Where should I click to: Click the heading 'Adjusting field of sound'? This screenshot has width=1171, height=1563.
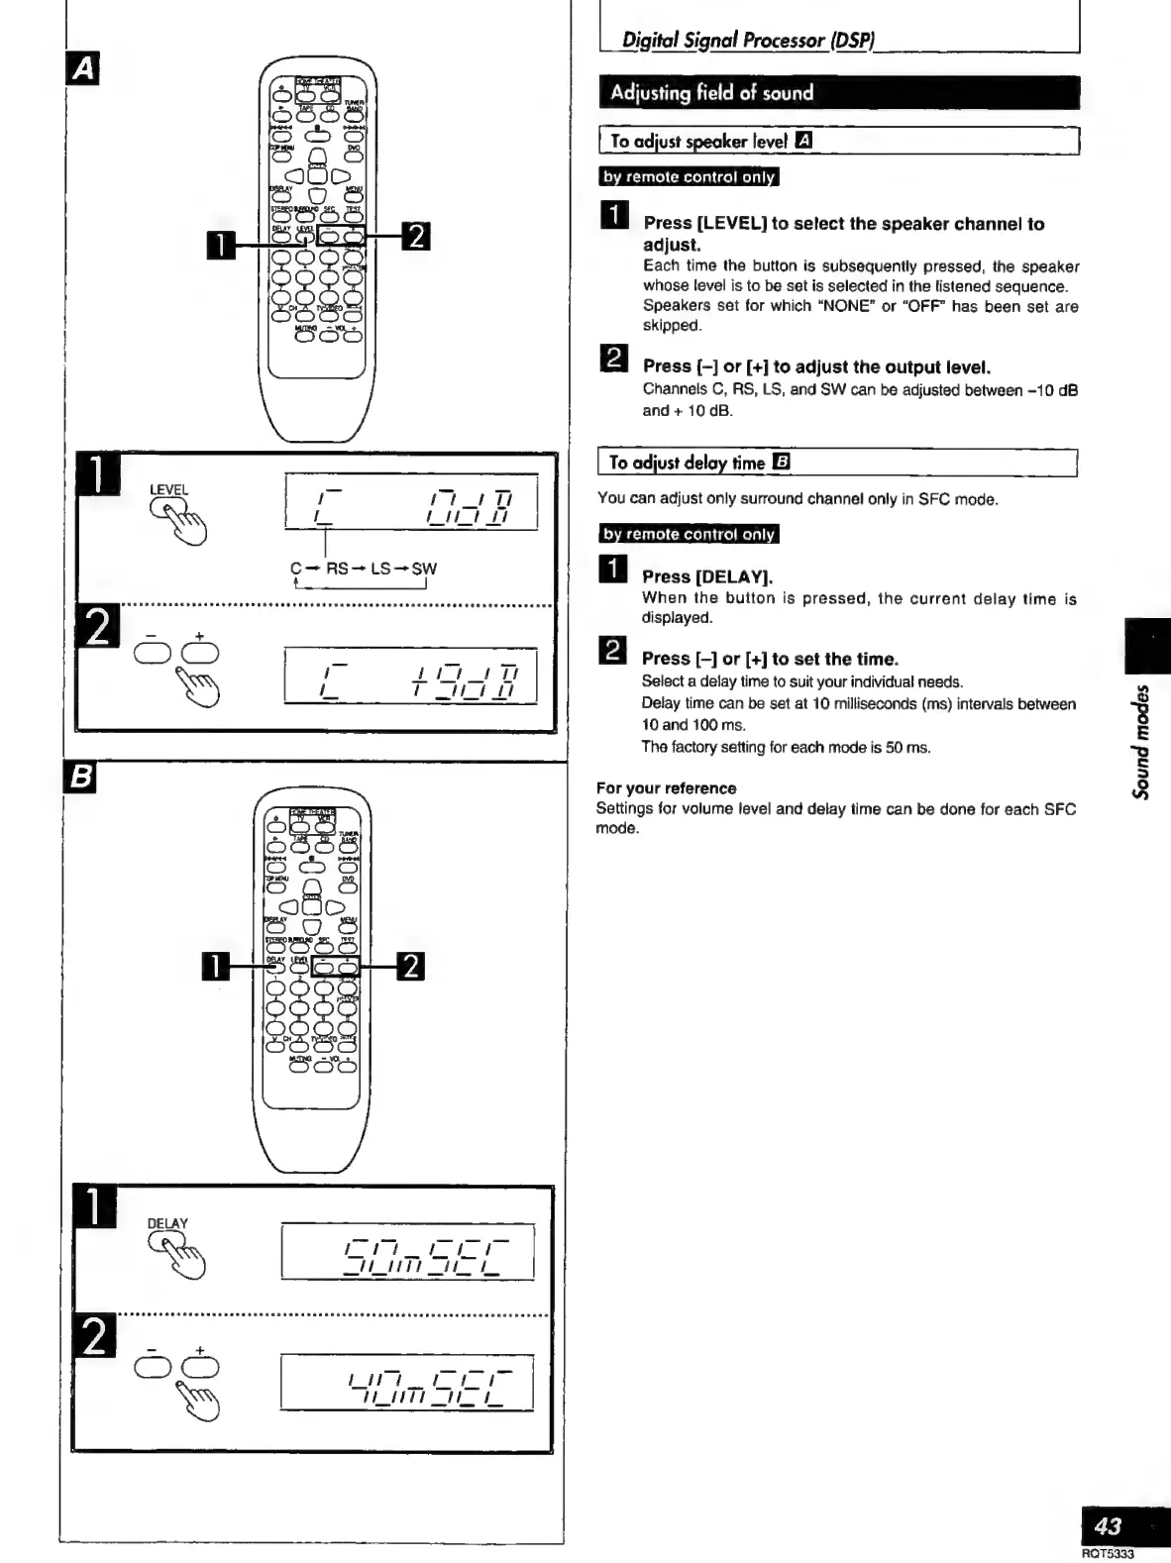pos(711,93)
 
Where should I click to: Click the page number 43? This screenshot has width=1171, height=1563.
pos(1107,1526)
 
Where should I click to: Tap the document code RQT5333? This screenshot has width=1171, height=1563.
pos(1107,1554)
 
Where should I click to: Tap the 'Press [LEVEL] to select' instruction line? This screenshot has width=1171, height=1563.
pos(843,224)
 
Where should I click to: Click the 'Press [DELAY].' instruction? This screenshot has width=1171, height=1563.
pos(707,576)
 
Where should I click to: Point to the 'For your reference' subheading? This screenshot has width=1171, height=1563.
pos(666,788)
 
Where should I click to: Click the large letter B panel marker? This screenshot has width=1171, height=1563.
pos(78,780)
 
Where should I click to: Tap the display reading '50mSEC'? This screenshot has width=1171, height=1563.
pos(408,1252)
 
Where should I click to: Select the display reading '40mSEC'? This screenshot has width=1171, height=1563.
pos(407,1381)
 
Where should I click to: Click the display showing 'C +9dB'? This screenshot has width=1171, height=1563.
pos(410,677)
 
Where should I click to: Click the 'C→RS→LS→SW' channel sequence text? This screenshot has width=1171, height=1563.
pos(363,569)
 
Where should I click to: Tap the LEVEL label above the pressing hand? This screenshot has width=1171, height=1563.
pos(168,489)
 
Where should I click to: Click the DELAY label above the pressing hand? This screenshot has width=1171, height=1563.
pos(166,1223)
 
